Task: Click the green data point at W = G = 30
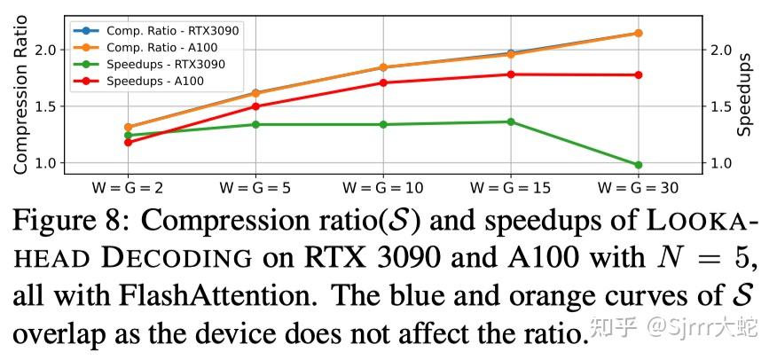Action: click(x=638, y=165)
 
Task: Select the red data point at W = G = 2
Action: click(x=128, y=142)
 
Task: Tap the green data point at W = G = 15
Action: click(x=511, y=121)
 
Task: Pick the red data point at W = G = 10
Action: click(x=383, y=82)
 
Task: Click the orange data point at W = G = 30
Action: click(x=638, y=33)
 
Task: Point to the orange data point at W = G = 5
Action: click(x=255, y=93)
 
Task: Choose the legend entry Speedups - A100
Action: click(x=155, y=82)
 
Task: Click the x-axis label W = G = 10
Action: click(x=383, y=188)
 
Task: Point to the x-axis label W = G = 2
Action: click(x=128, y=188)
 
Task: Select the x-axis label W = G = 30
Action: click(x=638, y=188)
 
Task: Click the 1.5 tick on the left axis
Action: click(x=48, y=107)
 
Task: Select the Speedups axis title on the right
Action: click(x=745, y=93)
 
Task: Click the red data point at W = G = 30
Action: click(x=638, y=74)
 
